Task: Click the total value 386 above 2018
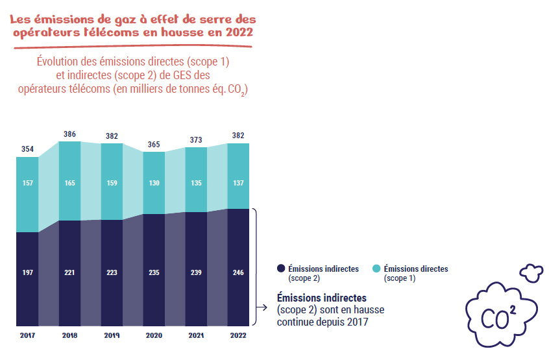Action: coord(69,134)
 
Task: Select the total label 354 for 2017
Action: coord(27,149)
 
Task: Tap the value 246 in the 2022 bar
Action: coord(238,272)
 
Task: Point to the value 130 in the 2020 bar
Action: coord(154,184)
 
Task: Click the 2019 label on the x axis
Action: coord(112,336)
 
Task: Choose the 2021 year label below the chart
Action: coord(196,336)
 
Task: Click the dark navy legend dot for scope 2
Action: coord(281,269)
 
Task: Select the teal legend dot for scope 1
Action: coord(376,269)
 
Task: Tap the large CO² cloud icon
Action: coord(497,314)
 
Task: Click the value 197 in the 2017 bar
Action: coord(27,272)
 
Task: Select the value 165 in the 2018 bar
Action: coord(69,184)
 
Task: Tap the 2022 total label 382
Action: coord(238,136)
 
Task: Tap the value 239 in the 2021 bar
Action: coord(196,272)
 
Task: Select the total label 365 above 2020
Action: coord(154,145)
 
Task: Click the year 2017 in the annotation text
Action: coord(357,321)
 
